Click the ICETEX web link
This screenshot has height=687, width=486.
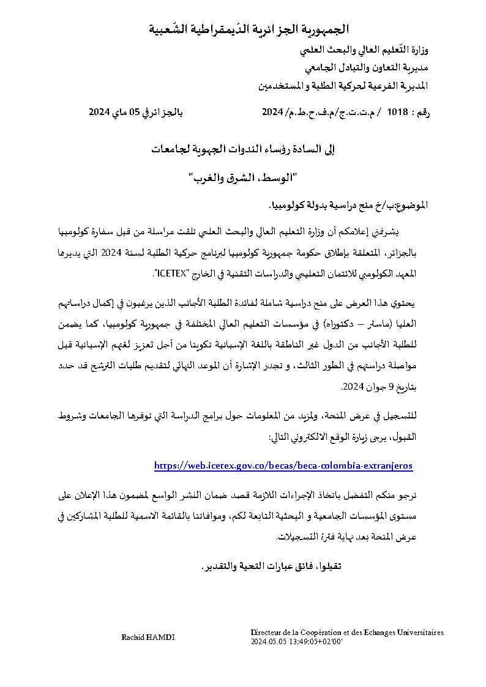click(283, 466)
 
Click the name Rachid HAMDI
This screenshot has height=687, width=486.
click(148, 637)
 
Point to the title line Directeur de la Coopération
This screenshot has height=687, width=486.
click(346, 633)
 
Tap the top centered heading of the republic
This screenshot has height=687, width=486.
click(250, 29)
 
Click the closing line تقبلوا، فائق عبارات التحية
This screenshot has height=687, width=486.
click(270, 566)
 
